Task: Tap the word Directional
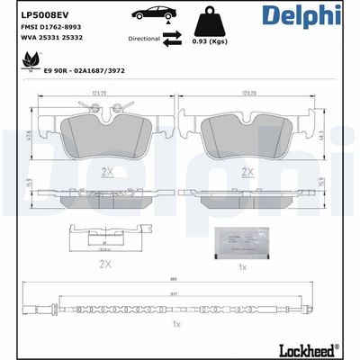click(145, 40)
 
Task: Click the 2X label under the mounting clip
click(106, 264)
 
